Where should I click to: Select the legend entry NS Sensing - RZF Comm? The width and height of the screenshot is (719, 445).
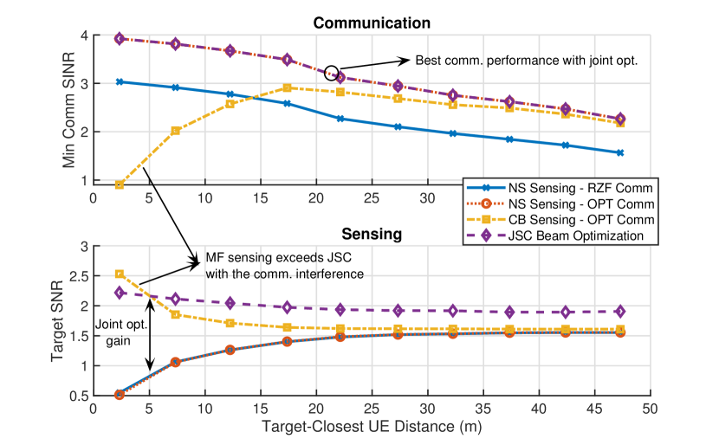(x=565, y=188)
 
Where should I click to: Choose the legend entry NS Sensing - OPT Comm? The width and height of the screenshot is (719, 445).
(x=565, y=203)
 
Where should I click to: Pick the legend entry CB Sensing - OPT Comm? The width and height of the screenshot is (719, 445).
(x=565, y=219)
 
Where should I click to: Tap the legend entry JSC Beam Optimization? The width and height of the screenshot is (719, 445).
(x=565, y=235)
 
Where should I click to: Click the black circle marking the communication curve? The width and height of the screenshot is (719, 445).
(x=332, y=73)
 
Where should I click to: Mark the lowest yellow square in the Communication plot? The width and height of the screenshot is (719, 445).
(x=120, y=184)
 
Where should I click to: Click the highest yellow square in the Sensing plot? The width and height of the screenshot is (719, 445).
(x=120, y=274)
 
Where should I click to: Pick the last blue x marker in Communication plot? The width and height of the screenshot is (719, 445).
(x=620, y=152)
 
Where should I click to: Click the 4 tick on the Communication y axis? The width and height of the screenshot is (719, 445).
(x=84, y=35)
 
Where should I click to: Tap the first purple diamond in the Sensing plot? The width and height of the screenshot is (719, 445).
(x=120, y=293)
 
